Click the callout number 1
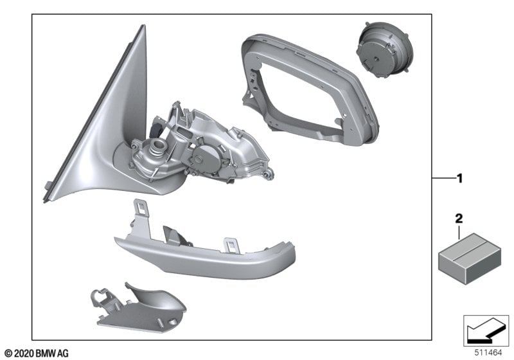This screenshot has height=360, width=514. [459, 179]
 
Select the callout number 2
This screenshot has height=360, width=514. [459, 219]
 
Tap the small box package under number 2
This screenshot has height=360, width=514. [470, 258]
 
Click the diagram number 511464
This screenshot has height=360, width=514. [488, 353]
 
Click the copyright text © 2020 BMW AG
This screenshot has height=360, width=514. [37, 354]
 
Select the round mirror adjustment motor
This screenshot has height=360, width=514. [384, 50]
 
